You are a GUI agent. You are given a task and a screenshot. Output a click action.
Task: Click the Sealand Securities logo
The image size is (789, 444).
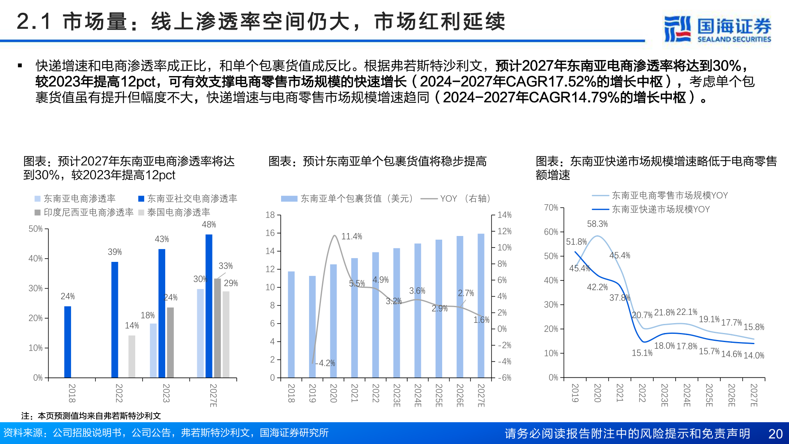(x=717, y=29)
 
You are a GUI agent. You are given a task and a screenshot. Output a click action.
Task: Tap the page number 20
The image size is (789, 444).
(x=775, y=434)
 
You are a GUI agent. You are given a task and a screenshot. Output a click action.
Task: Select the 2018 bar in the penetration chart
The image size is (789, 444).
(x=67, y=341)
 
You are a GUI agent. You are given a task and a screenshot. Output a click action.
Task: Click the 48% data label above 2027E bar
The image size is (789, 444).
(x=209, y=224)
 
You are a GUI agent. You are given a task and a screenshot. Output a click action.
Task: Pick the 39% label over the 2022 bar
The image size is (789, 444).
(x=115, y=252)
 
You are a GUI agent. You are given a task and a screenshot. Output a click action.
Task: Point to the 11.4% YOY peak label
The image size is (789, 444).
(x=351, y=236)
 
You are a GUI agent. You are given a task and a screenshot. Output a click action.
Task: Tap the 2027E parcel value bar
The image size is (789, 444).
(x=481, y=305)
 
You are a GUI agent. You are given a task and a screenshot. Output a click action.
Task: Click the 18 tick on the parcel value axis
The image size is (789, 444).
(x=270, y=215)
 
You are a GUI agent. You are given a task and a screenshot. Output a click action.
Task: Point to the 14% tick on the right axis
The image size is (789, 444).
(x=504, y=215)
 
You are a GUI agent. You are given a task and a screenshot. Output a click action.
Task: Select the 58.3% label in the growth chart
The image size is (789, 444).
(x=597, y=224)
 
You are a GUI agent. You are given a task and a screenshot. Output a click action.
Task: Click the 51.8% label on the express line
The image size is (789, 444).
(x=576, y=242)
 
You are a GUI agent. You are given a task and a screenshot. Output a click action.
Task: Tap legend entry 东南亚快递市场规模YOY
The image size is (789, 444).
(x=660, y=209)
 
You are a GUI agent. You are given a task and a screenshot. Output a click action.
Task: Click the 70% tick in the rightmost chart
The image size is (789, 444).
(x=551, y=208)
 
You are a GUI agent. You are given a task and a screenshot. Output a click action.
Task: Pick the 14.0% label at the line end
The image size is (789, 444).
(x=754, y=356)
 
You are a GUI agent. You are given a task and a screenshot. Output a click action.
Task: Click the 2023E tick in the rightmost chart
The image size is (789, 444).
(x=664, y=395)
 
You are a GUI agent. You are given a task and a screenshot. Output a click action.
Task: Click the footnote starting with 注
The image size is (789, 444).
(x=91, y=416)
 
